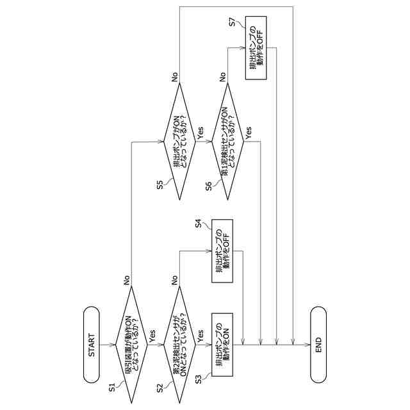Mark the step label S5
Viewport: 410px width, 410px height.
(x=160, y=184)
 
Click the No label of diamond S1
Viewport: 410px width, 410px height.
(x=126, y=280)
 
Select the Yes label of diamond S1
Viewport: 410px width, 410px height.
(x=152, y=335)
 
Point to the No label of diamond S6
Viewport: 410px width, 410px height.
(x=223, y=76)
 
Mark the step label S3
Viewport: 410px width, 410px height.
(x=199, y=379)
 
